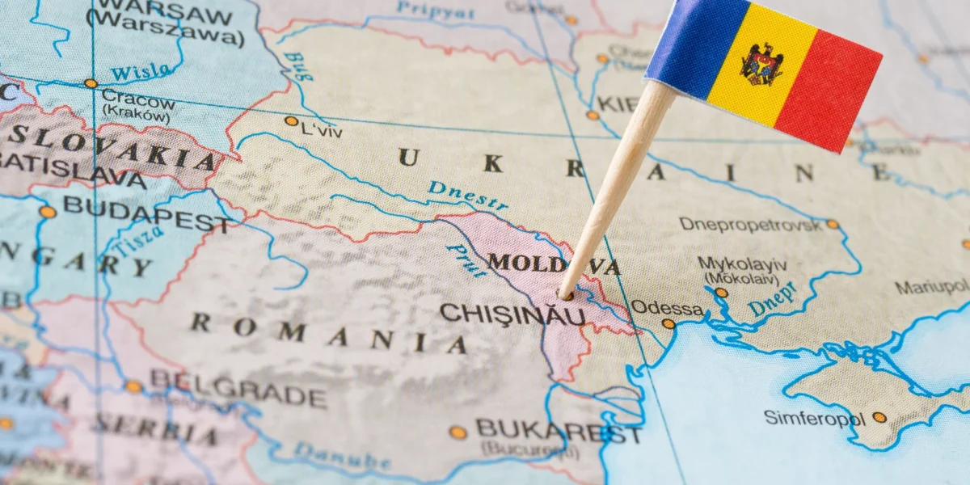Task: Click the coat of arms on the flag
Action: point(761,65)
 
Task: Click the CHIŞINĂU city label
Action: point(512,314)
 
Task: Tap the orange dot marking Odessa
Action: point(668,323)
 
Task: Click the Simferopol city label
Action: point(815,418)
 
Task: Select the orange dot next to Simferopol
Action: point(879,417)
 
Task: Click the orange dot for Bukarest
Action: point(458,432)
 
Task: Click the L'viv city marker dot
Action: point(291,121)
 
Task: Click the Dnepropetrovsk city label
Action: point(750,224)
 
